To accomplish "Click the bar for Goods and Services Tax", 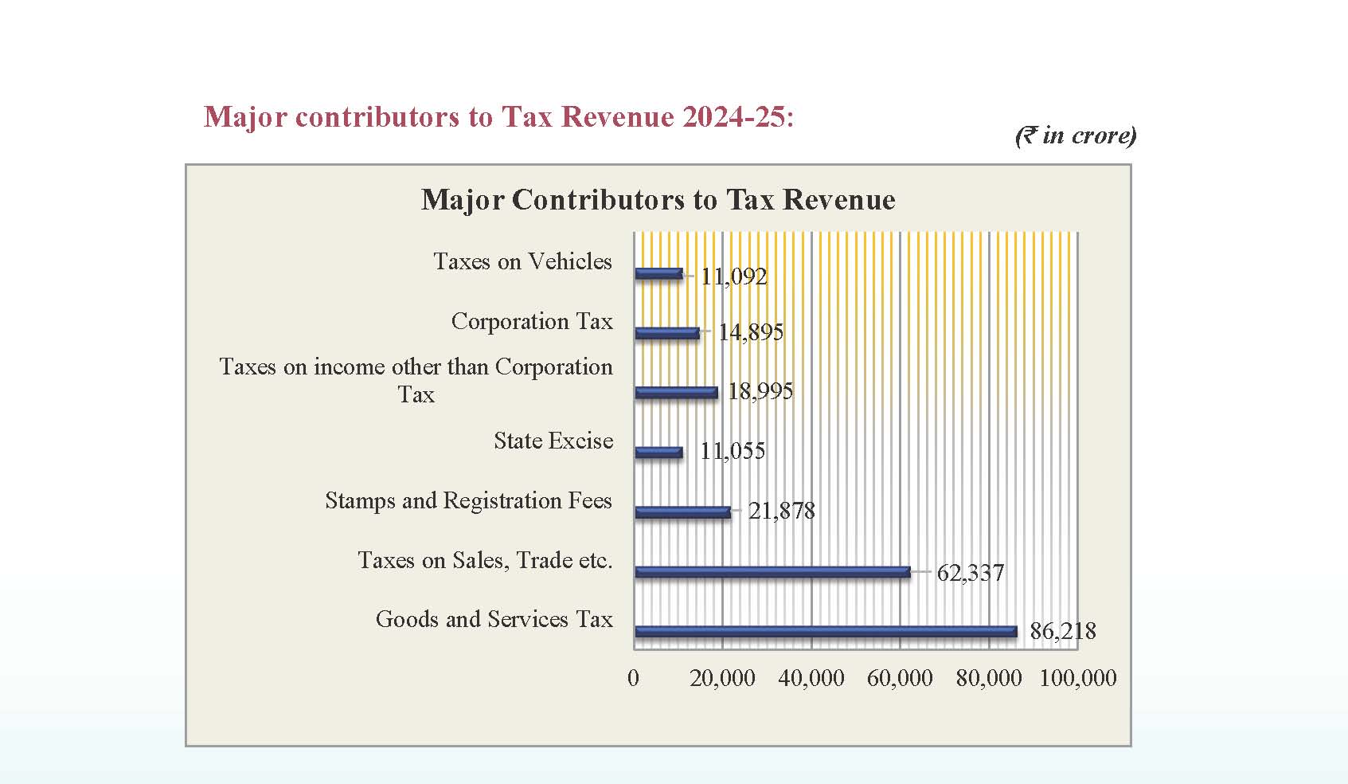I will point(826,632).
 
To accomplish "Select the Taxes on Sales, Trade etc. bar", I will point(772,571).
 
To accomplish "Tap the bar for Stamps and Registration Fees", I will point(682,512).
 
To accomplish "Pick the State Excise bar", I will point(658,453).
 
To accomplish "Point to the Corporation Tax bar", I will point(667,333).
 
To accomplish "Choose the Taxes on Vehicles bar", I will point(658,274).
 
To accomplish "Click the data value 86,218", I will point(1062,631).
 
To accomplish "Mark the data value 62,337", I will point(970,572).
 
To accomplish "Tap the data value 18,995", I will point(760,390).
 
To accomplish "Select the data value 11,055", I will point(733,451).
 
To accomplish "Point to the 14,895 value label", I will point(751,331).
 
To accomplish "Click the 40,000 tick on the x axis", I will point(811,678).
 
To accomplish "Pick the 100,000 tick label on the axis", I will point(1078,678).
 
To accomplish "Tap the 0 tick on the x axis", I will point(634,678).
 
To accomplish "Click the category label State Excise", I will point(553,441).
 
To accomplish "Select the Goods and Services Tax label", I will point(494,619).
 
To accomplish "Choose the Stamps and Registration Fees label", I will point(468,500).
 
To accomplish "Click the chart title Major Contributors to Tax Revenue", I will point(658,199).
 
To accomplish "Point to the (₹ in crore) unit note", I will point(1076,135).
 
